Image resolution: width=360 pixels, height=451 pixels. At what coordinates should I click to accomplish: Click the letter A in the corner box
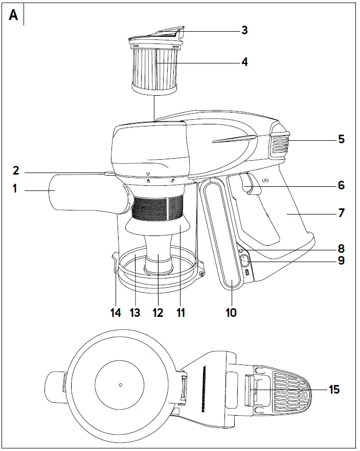[13, 15]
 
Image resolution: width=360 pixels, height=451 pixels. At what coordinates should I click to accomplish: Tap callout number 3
[244, 30]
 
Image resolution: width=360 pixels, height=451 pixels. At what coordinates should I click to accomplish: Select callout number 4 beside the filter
[244, 62]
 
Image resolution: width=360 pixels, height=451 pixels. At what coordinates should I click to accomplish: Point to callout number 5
[341, 139]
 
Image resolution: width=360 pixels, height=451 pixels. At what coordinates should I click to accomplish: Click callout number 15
[334, 390]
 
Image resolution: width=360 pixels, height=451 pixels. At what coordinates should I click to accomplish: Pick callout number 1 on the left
[15, 188]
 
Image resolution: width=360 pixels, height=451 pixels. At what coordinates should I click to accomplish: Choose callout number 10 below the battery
[231, 312]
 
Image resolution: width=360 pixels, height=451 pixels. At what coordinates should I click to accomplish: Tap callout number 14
[116, 312]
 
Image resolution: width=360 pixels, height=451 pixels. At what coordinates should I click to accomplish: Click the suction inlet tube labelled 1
[77, 192]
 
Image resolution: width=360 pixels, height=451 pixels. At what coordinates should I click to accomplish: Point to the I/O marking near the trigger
[265, 180]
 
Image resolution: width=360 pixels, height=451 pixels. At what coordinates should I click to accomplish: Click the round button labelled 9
[243, 261]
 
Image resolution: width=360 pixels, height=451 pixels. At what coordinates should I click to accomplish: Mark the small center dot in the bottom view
[120, 384]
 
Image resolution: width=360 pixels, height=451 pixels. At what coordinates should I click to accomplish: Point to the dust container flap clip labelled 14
[113, 264]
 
